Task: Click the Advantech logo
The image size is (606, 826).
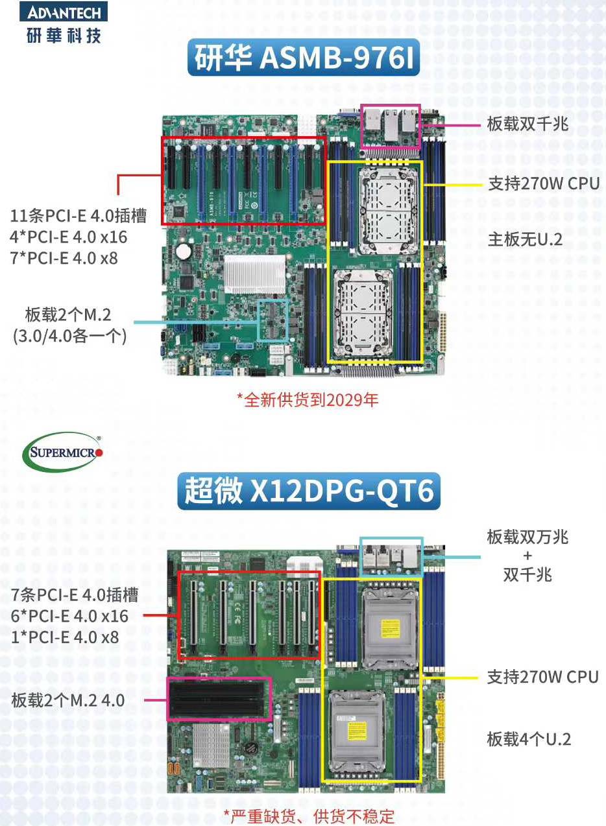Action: coord(64,23)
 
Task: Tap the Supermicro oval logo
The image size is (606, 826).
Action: coord(63,451)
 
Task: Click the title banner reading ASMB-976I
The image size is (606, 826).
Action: coord(304,58)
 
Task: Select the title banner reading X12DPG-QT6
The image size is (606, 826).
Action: coord(309,491)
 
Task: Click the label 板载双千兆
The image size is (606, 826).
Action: coord(527,124)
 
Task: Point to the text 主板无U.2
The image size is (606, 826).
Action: coord(525,240)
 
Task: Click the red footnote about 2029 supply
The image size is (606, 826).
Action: coord(308,400)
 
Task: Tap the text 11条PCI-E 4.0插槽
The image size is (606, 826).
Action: coord(79,216)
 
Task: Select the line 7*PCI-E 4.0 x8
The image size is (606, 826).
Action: coord(64,258)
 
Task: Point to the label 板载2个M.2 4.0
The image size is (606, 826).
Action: coord(68,700)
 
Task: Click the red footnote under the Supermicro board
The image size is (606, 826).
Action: coord(309,816)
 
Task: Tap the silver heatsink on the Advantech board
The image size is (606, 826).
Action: coord(255,274)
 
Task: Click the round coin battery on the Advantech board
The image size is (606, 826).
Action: coord(184,251)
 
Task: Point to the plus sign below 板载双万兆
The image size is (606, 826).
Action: coord(527,556)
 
